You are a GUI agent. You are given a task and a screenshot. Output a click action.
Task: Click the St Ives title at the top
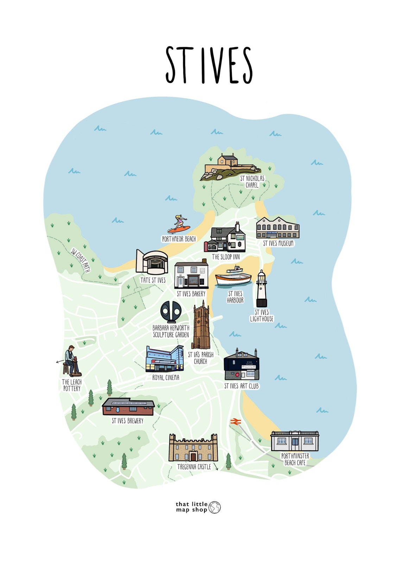[209, 65]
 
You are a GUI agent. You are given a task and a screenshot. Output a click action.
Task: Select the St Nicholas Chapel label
[252, 182]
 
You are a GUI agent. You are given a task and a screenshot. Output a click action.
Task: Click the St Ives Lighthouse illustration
[261, 289]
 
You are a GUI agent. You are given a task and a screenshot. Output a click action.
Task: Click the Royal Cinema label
[166, 377]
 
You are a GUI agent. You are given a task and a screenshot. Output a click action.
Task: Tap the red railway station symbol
[235, 422]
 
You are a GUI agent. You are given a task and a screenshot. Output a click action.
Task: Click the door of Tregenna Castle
[193, 457]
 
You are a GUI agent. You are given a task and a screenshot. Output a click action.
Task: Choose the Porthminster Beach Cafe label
[295, 459]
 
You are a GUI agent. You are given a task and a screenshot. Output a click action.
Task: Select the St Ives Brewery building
[128, 407]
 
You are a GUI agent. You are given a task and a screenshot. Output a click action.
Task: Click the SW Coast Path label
[80, 261]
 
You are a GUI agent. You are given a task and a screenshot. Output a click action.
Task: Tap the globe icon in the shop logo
[215, 507]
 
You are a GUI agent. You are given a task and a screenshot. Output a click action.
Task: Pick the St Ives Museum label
[278, 243]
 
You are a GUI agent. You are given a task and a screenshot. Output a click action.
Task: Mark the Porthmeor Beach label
[179, 239]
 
